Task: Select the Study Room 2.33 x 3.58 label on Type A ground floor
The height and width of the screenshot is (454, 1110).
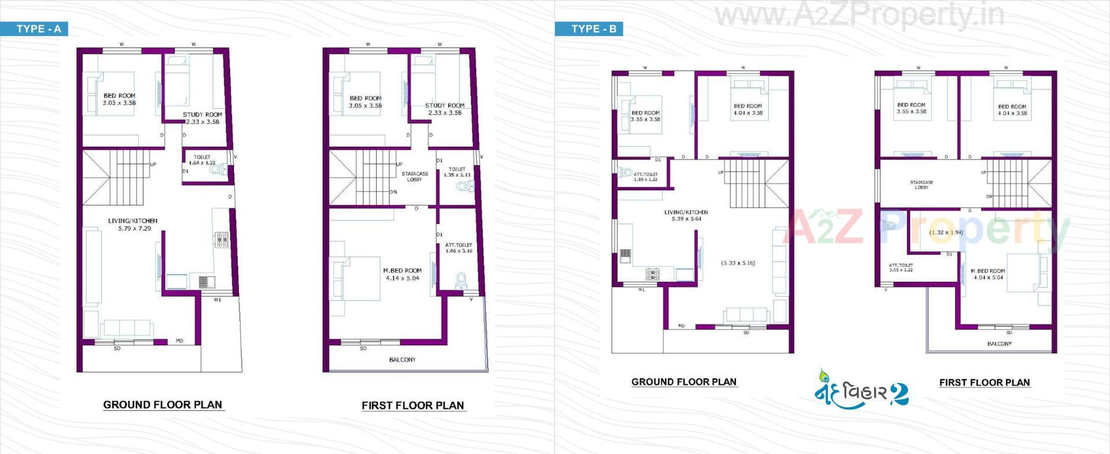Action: tap(202, 119)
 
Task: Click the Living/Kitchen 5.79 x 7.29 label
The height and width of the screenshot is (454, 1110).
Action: tap(133, 224)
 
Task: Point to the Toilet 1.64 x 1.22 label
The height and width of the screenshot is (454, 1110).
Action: tap(202, 160)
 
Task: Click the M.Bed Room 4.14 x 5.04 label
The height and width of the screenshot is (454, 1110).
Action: tap(402, 274)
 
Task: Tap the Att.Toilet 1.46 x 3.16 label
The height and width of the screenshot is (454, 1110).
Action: tap(458, 248)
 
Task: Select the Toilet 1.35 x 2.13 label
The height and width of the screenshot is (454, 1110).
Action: tap(457, 172)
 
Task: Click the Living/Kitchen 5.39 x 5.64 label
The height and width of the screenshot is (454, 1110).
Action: tap(686, 216)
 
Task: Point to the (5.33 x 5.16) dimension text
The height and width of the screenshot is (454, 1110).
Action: tap(738, 263)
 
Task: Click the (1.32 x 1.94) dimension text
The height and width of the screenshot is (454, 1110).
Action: tap(946, 232)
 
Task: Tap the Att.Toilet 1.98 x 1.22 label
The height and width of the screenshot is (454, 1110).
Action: tap(645, 177)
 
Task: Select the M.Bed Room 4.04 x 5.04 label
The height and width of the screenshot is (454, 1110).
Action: tap(988, 274)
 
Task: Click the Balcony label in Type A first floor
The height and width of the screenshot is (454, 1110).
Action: tap(402, 360)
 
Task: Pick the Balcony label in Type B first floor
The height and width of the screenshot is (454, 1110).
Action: tap(1000, 344)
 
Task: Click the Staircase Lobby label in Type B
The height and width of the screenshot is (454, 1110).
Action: tap(922, 184)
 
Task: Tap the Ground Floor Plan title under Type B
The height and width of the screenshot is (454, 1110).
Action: tap(684, 382)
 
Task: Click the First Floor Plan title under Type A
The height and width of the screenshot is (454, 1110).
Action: tap(413, 405)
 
